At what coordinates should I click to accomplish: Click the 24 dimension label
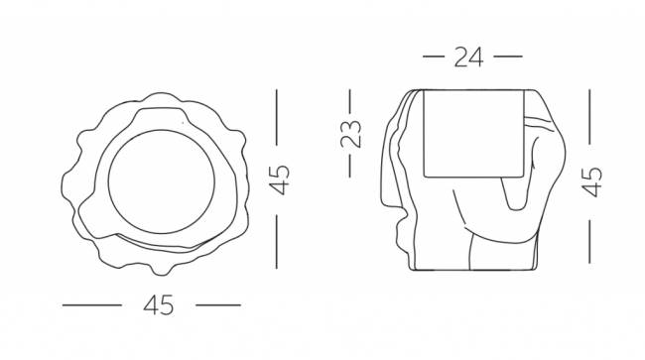468,58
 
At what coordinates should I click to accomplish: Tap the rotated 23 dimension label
351,134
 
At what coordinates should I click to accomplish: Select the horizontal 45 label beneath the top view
159,305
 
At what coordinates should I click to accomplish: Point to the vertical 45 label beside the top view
279,180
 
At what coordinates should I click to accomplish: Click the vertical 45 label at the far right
592,181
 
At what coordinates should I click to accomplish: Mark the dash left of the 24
434,57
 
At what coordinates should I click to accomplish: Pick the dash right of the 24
508,57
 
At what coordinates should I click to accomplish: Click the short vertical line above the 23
350,101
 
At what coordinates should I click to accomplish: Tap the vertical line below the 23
350,166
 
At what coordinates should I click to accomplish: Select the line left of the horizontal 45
92,305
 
